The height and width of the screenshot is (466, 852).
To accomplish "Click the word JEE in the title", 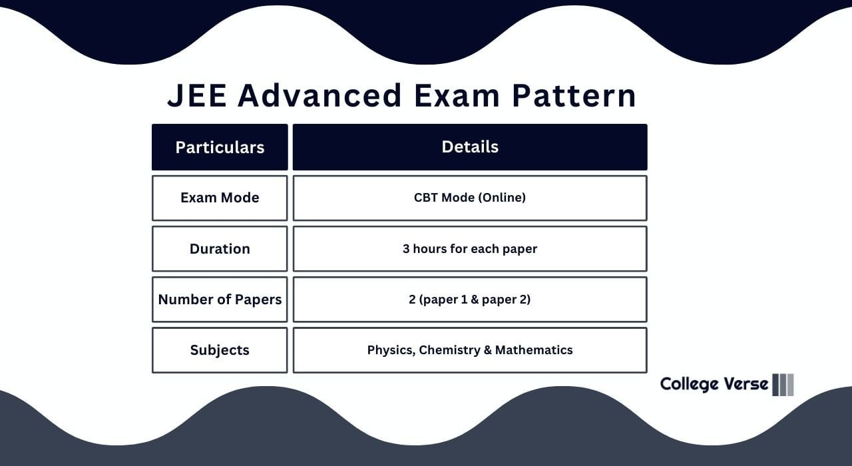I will pos(196,95).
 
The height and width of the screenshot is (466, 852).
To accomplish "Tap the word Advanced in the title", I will pos(319,95).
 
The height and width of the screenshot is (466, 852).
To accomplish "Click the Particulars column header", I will pos(220,147).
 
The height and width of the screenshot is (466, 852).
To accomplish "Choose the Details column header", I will pos(470,146).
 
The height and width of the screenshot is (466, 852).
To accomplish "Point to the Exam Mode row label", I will pos(220,198).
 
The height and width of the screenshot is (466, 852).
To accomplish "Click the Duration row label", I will pos(220,249).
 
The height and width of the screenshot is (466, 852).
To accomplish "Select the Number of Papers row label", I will pos(220,300).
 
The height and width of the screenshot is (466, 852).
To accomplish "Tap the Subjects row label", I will pos(220,350).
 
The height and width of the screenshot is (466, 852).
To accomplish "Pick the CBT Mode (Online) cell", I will pos(470,198).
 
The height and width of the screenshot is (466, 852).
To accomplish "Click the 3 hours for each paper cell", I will pos(470,249).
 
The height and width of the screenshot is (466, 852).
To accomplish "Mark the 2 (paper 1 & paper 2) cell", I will pos(470,300).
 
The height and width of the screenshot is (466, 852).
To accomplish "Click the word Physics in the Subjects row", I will pos(390,350).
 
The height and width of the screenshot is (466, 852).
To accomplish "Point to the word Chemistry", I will pos(449,350).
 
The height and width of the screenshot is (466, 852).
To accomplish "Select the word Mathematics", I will pos(534,350).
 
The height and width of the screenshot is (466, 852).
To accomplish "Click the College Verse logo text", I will pos(714,384).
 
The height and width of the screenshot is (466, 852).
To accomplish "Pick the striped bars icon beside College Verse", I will pos(783,385).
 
